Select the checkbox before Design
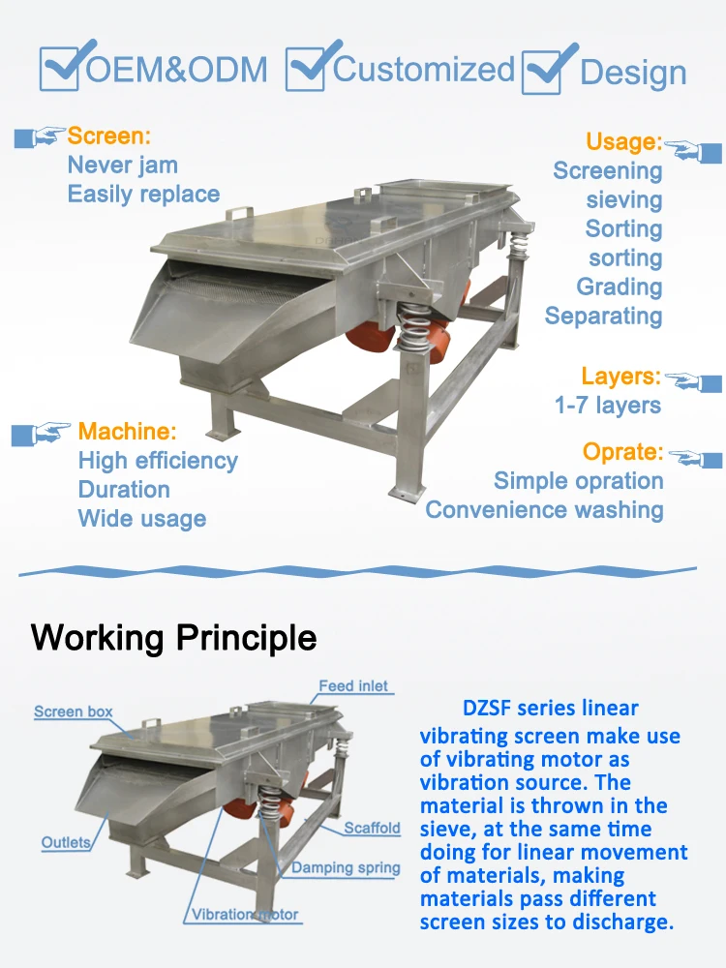pos(546,72)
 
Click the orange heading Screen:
pos(108,136)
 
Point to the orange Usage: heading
pos(623,142)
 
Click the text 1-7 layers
pos(608,406)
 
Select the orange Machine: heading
pos(128,432)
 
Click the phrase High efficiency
pos(158,461)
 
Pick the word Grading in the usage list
pos(620,287)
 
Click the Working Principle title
pos(174,638)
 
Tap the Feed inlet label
pos(353,686)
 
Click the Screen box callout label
pos(74,712)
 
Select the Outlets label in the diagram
pos(66,842)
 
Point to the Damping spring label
pos(346,868)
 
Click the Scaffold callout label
pos(372,829)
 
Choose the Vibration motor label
pos(245,915)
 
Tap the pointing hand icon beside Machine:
pos(42,433)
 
